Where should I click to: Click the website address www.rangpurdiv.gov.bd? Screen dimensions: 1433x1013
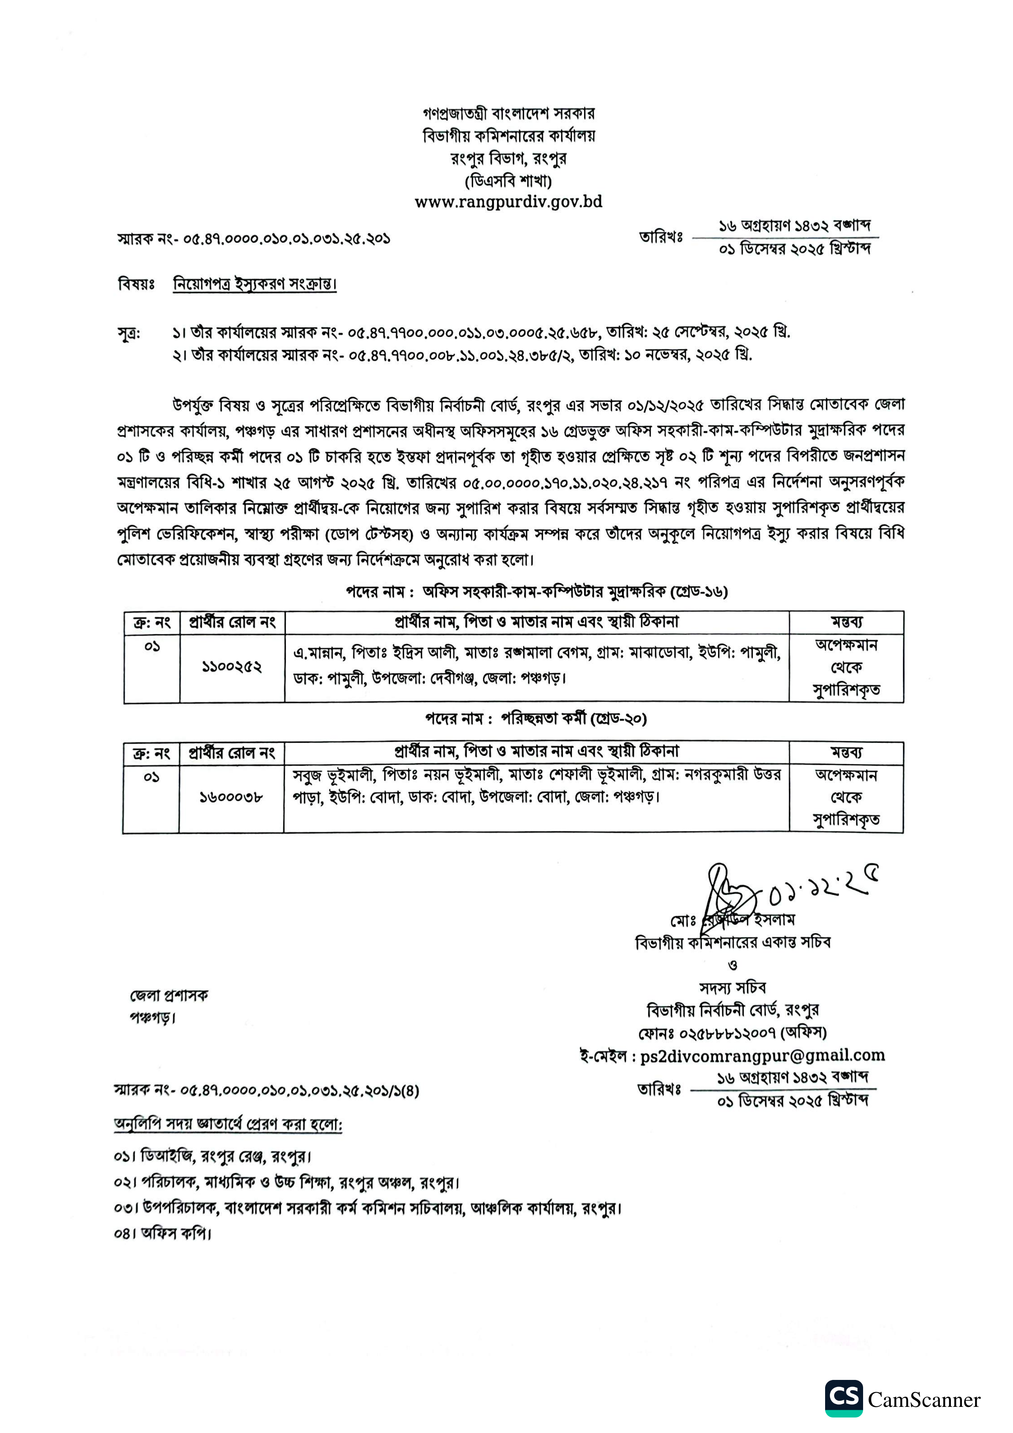[508, 202]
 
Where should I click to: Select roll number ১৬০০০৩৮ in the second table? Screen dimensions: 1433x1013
[231, 797]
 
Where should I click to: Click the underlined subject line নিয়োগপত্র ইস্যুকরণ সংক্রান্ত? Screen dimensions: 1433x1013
[254, 284]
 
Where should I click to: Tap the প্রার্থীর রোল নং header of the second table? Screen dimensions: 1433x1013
[232, 753]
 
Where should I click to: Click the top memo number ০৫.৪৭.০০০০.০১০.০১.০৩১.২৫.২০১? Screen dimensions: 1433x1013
[286, 238]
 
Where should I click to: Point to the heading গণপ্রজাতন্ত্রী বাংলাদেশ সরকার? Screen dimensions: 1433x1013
[508, 114]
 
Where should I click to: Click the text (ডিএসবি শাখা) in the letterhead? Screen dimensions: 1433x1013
[508, 181]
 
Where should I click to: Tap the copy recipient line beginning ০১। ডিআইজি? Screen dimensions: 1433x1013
[212, 1157]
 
